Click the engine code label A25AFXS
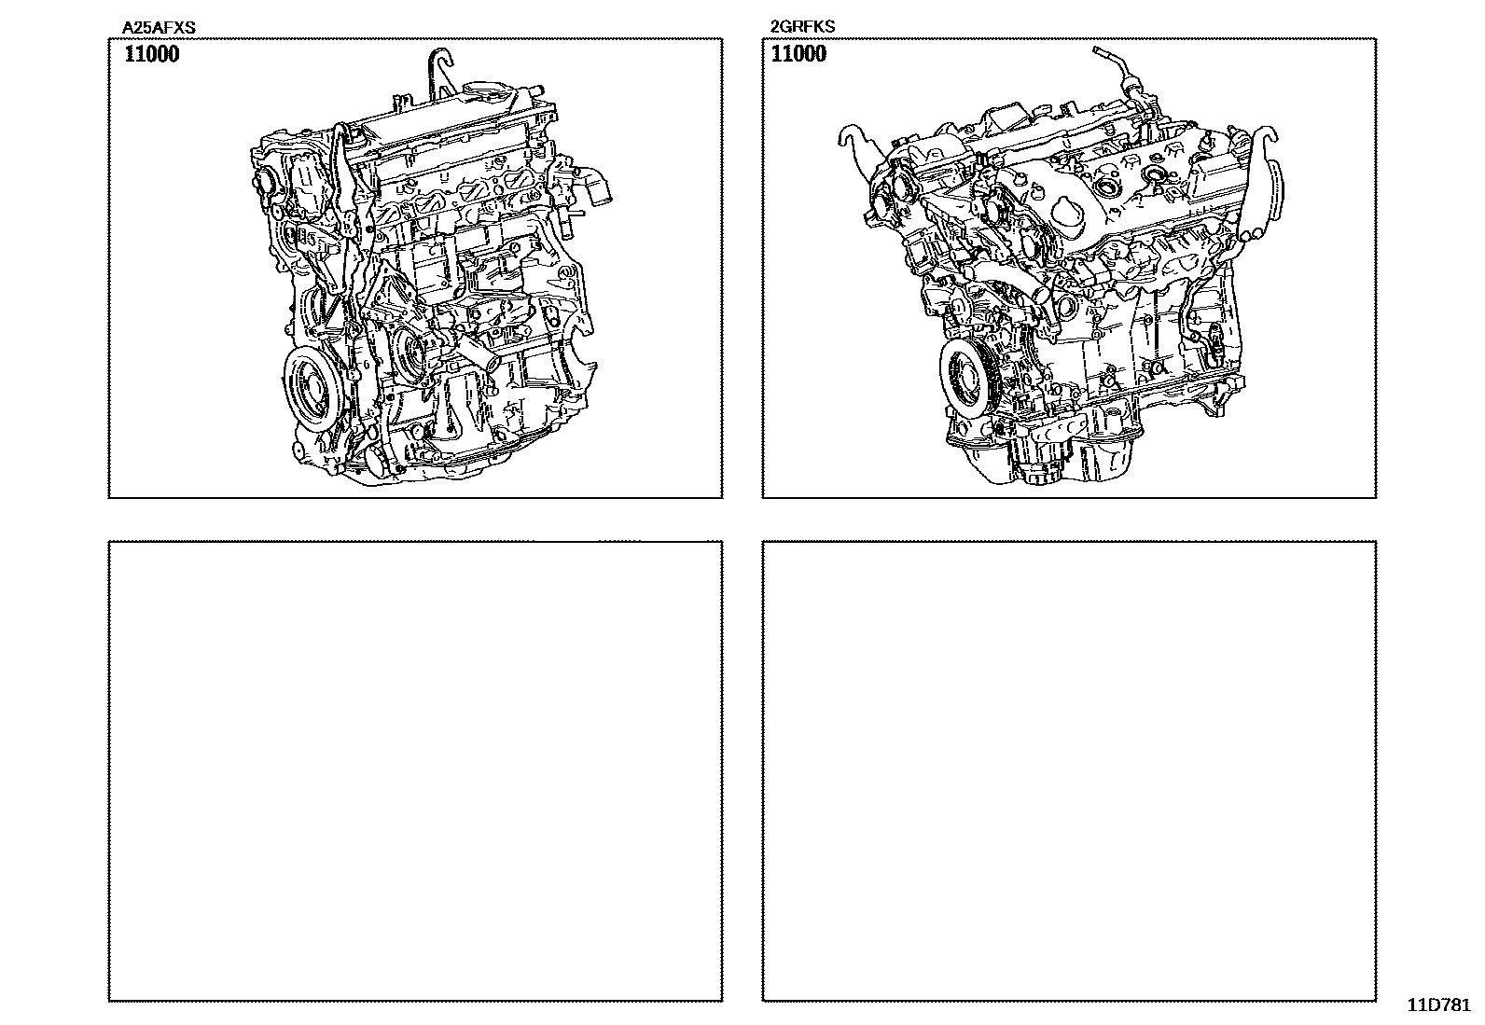[159, 27]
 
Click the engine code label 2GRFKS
[802, 26]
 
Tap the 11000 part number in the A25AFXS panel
[152, 54]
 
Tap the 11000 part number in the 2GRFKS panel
[798, 54]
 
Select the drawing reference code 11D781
[1439, 1005]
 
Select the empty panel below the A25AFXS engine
[416, 771]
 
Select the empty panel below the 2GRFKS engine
[1069, 771]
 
